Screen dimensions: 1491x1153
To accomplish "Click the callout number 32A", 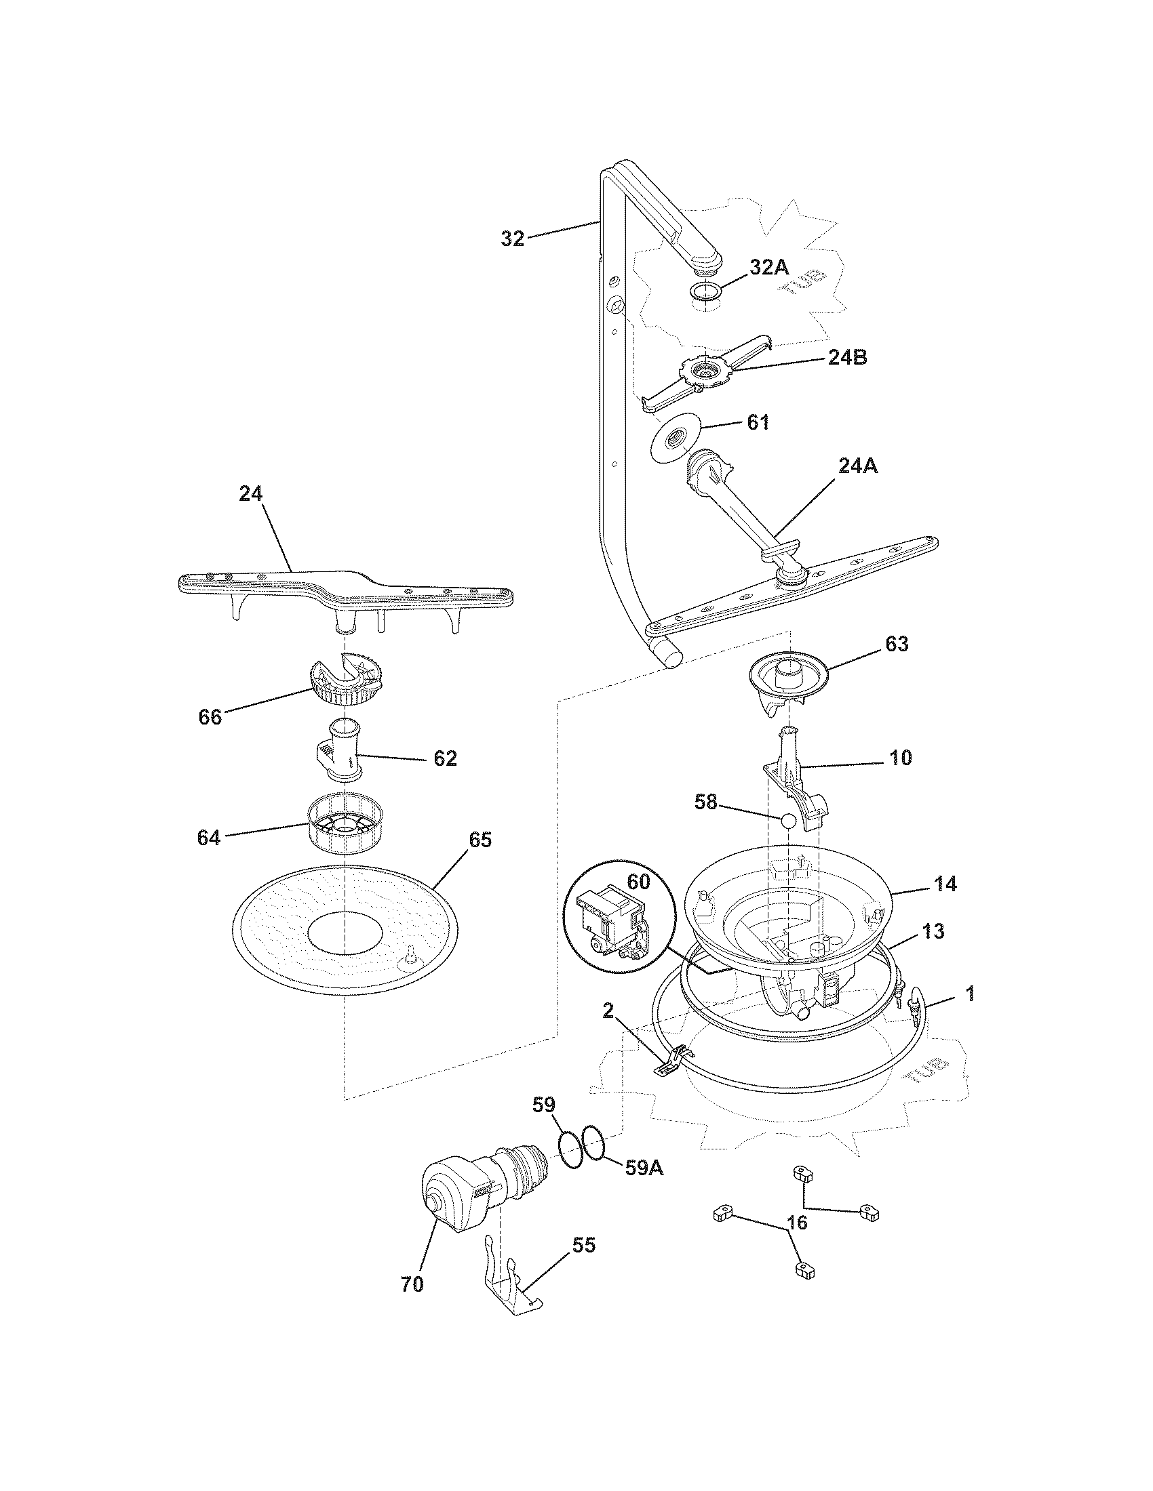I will pos(769,268).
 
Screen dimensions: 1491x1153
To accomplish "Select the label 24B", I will pos(847,357).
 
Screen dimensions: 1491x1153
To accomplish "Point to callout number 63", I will pos(896,644).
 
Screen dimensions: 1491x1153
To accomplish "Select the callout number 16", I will pos(797,1222).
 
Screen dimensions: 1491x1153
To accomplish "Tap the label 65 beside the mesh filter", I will pos(480,840).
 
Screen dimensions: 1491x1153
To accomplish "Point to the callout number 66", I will pos(210,718).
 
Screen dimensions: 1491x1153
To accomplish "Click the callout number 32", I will pos(512,239).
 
